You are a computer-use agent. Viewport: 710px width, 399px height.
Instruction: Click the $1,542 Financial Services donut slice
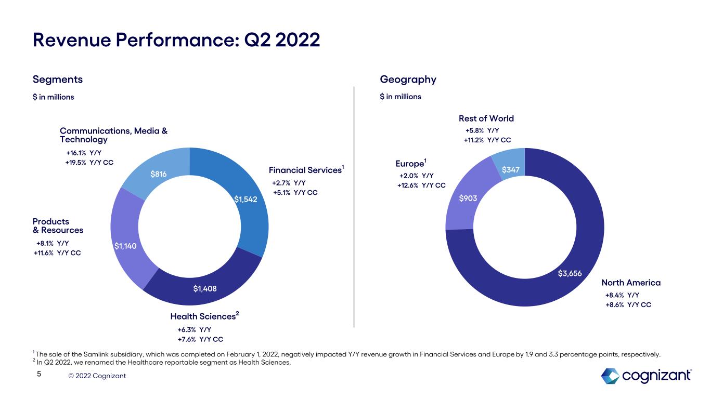pos(244,199)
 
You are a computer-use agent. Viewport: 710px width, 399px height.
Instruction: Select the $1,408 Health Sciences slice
pos(205,288)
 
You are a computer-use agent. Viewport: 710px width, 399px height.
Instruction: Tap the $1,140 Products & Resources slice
pos(126,246)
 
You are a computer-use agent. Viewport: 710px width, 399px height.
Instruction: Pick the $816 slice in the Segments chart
pos(159,174)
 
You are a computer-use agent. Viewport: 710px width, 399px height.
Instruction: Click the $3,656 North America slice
pos(569,273)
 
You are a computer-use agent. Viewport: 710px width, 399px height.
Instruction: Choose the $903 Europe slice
pos(468,198)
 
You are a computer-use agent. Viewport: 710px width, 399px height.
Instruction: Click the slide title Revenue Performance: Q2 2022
pos(176,40)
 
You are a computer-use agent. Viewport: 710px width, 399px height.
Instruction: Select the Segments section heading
pos(57,79)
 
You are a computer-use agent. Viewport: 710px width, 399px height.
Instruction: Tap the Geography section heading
pos(408,79)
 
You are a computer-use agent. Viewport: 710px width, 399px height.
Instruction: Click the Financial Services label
pos(305,170)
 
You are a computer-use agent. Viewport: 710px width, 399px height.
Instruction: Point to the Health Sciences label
pos(203,316)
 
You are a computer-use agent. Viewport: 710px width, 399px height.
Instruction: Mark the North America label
pos(630,283)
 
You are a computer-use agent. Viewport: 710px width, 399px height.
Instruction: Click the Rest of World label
pos(486,118)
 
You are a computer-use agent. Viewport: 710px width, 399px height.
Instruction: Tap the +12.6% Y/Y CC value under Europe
pos(421,185)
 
